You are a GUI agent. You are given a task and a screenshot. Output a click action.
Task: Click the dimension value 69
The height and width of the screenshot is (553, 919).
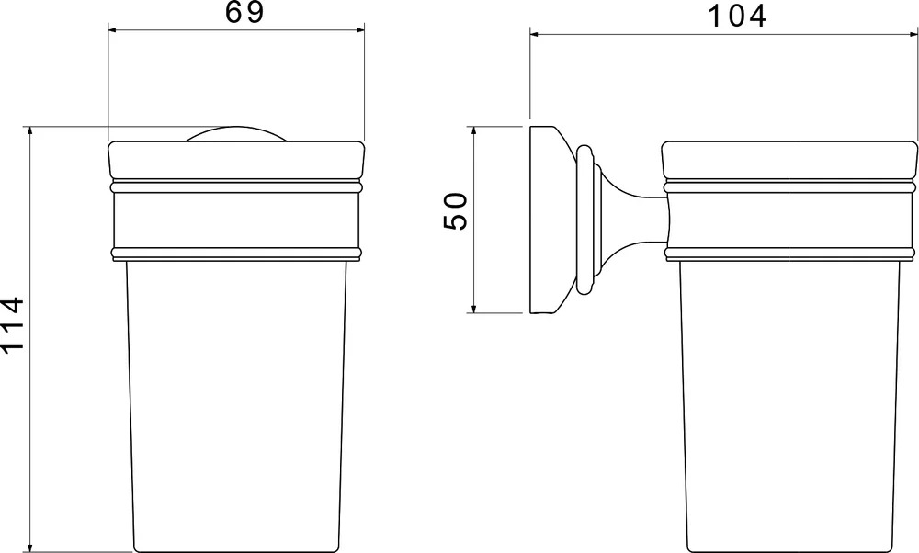click(244, 12)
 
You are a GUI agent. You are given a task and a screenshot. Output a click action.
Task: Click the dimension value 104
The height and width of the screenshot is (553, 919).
click(737, 16)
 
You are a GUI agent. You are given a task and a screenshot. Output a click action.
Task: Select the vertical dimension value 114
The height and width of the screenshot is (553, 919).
click(12, 325)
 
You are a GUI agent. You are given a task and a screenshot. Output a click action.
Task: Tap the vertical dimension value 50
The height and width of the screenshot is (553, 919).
click(455, 211)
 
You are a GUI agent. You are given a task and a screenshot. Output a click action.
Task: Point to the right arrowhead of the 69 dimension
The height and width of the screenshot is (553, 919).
click(357, 30)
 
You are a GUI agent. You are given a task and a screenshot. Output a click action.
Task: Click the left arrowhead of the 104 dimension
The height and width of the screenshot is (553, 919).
click(537, 35)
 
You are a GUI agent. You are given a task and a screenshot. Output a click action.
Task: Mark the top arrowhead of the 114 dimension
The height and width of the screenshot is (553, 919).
click(30, 133)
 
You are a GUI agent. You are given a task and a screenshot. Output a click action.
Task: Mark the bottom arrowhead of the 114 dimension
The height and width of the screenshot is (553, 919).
click(30, 545)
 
